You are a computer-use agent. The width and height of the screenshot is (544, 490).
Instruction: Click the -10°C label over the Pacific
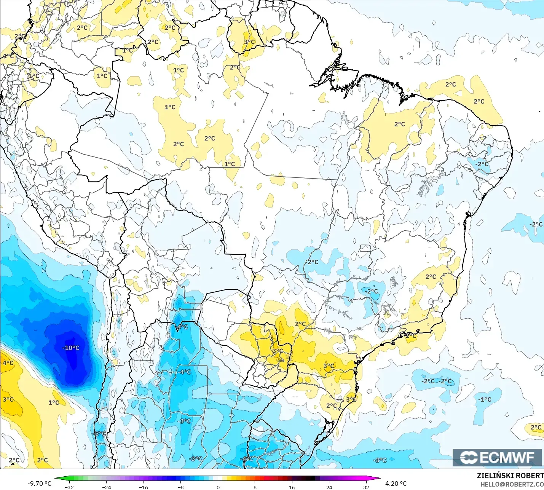tap(71, 348)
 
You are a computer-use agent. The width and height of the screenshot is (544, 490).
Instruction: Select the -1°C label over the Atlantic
tap(485, 399)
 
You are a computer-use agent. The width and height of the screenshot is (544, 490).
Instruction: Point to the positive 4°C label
tap(8, 363)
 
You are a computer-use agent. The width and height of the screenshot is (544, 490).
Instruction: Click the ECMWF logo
tap(497, 457)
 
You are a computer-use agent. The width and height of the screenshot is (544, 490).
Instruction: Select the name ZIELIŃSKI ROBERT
tap(510, 476)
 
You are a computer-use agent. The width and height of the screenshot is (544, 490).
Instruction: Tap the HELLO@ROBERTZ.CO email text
tap(512, 484)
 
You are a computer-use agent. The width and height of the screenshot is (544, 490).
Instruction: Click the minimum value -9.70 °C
tap(39, 484)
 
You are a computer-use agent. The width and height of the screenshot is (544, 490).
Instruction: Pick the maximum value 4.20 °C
tap(396, 484)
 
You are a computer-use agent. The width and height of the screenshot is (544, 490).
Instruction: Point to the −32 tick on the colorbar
tap(69, 487)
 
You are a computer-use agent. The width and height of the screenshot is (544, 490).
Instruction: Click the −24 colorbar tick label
tap(106, 487)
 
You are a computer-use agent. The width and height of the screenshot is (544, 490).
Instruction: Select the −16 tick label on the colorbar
tap(143, 487)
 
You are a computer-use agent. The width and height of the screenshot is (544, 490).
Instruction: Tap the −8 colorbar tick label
tap(180, 487)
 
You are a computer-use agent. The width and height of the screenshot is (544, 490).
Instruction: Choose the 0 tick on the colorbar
tap(218, 487)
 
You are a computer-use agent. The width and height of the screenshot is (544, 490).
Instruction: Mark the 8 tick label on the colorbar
tap(255, 487)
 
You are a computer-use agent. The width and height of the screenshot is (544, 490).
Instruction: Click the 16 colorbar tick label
tap(292, 487)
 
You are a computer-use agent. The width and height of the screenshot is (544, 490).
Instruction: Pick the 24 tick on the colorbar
tap(329, 487)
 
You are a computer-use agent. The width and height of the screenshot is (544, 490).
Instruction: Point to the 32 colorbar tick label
tap(366, 487)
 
